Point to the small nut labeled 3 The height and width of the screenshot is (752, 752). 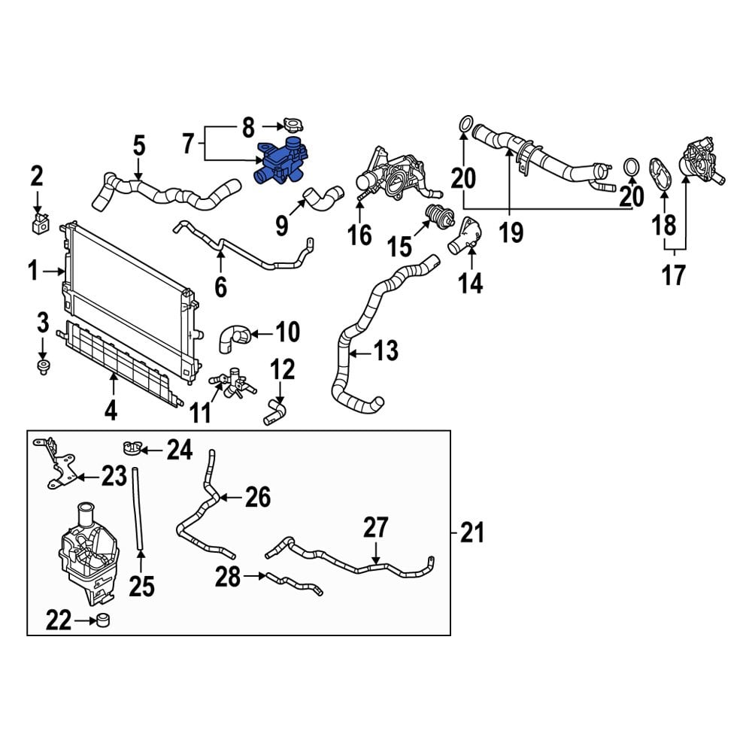(x=42, y=367)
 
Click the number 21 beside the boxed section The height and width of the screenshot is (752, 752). (x=472, y=534)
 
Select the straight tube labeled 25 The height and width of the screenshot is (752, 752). (x=137, y=508)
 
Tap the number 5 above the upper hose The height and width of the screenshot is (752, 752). (x=139, y=144)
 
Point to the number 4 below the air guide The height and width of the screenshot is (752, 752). (x=111, y=411)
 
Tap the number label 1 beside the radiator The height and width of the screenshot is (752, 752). (x=33, y=271)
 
